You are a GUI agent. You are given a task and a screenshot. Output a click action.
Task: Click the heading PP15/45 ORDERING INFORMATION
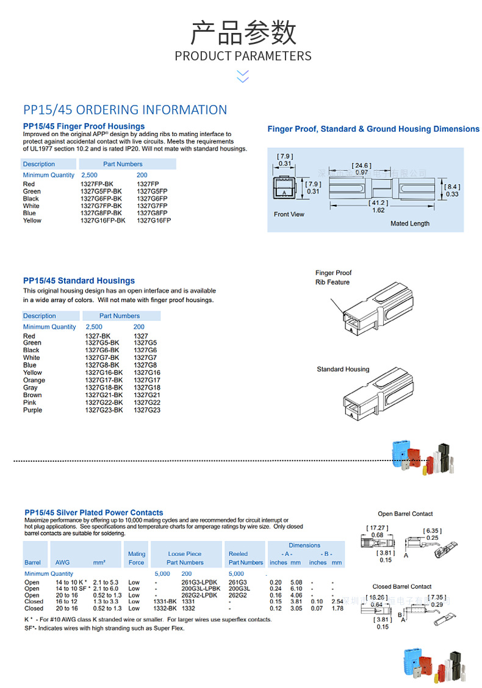click(x=125, y=110)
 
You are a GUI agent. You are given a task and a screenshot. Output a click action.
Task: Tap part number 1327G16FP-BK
click(x=103, y=221)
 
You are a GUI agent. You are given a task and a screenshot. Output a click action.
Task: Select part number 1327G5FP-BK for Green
click(x=101, y=192)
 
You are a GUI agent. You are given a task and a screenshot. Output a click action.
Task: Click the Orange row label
click(x=34, y=380)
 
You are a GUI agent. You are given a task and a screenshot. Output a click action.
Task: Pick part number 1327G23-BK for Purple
click(x=104, y=410)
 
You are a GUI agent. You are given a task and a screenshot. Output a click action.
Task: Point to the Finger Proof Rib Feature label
click(x=333, y=278)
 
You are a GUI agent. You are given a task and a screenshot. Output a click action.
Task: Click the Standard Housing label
click(x=343, y=369)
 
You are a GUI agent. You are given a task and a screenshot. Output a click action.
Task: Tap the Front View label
click(x=289, y=214)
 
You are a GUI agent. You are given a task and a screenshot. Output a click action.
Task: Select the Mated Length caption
click(x=409, y=223)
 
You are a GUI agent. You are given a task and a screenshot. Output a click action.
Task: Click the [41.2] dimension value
click(x=378, y=202)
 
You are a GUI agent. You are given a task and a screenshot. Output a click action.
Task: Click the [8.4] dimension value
click(x=451, y=187)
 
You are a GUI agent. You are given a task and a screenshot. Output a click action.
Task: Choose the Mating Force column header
click(x=137, y=558)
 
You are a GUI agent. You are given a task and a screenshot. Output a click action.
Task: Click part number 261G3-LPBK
click(x=199, y=582)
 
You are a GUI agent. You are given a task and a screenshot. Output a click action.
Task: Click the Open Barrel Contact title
click(x=405, y=514)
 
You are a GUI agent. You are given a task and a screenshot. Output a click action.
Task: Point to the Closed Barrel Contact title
click(x=402, y=586)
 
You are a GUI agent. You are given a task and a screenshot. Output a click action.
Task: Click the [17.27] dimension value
click(x=376, y=528)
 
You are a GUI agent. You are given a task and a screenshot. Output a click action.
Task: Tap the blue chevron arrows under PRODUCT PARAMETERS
click(x=243, y=76)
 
